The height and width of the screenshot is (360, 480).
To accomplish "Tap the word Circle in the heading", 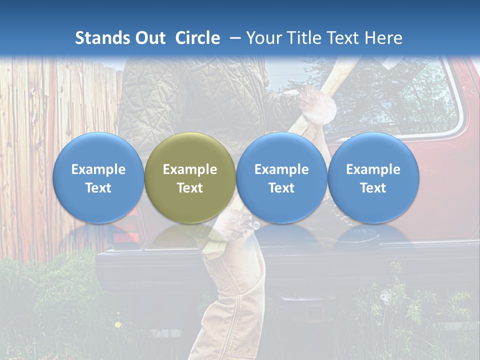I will [x=197, y=38].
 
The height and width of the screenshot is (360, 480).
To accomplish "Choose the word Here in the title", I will [x=382, y=38].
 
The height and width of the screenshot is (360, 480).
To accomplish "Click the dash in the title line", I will [x=235, y=38].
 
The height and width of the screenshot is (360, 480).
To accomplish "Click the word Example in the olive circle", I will [x=190, y=169].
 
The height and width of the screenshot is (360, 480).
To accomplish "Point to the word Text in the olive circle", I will [x=190, y=188].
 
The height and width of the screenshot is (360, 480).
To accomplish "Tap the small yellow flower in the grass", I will [x=118, y=325].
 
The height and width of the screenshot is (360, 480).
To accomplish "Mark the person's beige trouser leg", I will [x=235, y=300].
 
